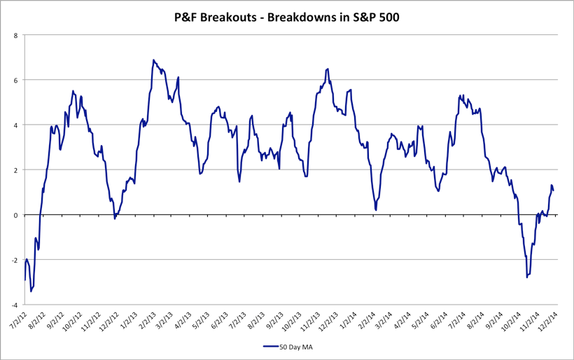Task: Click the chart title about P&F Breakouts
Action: [287, 18]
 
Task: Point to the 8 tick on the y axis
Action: [16, 35]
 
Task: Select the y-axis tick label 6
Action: [16, 80]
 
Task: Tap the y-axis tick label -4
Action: [15, 305]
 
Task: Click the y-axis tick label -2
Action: [15, 260]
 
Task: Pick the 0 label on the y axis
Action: [16, 215]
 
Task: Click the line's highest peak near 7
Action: [153, 60]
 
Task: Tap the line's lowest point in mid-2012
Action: [31, 291]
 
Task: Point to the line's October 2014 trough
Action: [526, 277]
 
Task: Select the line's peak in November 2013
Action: [328, 69]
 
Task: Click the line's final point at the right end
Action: [553, 191]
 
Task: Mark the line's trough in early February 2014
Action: [376, 209]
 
